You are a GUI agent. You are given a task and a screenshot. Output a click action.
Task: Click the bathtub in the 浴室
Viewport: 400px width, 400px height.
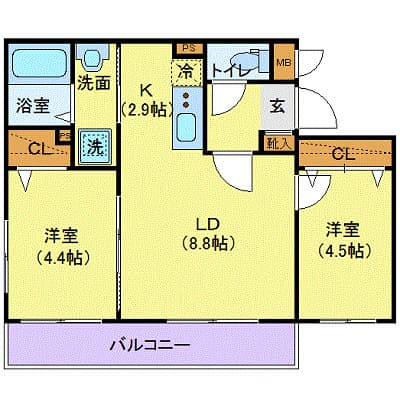coord(39,63)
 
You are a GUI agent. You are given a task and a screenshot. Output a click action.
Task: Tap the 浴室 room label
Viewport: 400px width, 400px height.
coord(33,106)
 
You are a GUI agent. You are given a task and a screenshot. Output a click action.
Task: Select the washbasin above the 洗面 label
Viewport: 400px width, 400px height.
coord(93,58)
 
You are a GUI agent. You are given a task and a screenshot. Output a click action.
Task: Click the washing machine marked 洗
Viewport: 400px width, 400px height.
coord(95,147)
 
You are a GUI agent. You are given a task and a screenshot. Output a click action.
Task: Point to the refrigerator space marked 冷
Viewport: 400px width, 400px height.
coord(187,71)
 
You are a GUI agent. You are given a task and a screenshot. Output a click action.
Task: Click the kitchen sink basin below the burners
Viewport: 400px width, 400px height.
coord(187,127)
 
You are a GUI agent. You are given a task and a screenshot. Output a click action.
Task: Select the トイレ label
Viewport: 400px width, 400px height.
coord(231,70)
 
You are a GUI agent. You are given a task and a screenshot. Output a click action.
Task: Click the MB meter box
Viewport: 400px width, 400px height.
coord(284,62)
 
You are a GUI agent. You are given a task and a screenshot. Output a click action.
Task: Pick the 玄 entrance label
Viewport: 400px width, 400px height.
coord(277,106)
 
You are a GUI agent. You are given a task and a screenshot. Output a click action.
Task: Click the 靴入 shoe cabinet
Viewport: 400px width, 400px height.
coord(279,143)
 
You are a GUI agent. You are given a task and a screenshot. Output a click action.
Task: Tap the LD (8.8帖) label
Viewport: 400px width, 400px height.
coord(208,234)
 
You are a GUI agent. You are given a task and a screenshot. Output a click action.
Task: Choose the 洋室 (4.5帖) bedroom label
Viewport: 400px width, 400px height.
coord(343,240)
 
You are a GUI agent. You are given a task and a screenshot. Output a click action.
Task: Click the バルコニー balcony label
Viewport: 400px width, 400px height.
coord(150,345)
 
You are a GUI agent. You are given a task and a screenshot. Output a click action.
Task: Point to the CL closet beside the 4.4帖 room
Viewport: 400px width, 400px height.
coord(38,148)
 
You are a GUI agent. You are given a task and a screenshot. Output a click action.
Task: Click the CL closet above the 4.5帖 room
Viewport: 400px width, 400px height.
coord(345,153)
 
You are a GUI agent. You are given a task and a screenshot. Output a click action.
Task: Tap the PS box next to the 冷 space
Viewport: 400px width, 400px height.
coord(189,48)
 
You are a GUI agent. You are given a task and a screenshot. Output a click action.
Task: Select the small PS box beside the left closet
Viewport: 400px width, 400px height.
coord(65,136)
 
